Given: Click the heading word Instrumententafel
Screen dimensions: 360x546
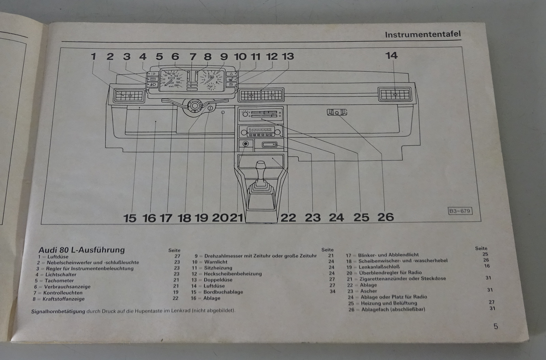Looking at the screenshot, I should click(x=422, y=34).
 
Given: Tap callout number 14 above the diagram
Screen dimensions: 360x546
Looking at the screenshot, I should click(x=391, y=56).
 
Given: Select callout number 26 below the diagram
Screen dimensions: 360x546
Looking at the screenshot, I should click(x=386, y=217).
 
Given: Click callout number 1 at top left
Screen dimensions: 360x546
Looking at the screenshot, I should click(x=94, y=56).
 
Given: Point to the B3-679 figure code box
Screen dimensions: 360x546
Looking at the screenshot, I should click(x=460, y=211).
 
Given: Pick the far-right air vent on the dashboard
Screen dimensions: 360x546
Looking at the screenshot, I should click(x=394, y=94).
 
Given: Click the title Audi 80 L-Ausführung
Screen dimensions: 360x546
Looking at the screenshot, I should click(x=82, y=250).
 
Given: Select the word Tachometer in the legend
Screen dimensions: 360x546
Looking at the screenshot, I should click(x=59, y=280).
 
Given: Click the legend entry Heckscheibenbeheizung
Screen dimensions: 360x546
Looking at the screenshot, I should click(x=232, y=274).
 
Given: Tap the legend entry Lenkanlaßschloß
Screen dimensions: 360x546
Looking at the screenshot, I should click(x=379, y=266).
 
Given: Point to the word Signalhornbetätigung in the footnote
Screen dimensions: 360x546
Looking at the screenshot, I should click(x=58, y=311).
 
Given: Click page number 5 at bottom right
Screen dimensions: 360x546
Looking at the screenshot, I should click(x=495, y=327).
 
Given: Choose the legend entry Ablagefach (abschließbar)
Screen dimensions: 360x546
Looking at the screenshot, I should click(x=393, y=309).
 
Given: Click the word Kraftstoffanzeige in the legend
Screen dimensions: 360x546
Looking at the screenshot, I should click(x=63, y=299).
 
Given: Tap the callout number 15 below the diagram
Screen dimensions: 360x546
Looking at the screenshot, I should click(x=130, y=218).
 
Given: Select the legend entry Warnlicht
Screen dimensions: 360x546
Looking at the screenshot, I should click(x=216, y=262).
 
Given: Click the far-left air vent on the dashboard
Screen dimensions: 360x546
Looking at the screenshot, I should click(x=129, y=96).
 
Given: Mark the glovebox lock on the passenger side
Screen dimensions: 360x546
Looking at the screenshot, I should click(x=337, y=112).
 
